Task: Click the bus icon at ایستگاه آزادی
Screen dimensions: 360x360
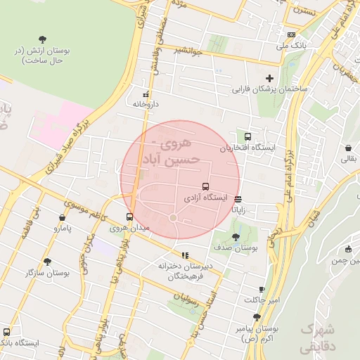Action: pos(205,186)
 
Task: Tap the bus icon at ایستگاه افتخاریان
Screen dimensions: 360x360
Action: pos(247,137)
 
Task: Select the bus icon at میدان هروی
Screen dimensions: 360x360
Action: pos(129,217)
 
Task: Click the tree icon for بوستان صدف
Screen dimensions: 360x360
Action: pos(236,237)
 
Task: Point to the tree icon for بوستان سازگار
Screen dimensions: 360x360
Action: pos(47,261)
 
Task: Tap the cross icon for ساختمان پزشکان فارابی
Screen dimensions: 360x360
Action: pos(269,78)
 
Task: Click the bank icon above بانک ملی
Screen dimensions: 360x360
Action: pos(291,34)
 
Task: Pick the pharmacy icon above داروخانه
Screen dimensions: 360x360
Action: pos(146,94)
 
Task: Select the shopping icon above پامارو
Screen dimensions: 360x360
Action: pos(63,217)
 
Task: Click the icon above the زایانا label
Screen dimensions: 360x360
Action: pos(239,198)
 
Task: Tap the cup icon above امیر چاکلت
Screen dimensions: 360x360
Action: pos(262,289)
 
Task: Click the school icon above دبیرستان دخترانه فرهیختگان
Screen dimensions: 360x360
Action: pos(185,255)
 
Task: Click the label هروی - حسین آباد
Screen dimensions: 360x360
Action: pos(172,153)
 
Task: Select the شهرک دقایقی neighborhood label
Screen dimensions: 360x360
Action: pos(318,337)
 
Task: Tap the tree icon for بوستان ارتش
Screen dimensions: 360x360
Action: pos(44,39)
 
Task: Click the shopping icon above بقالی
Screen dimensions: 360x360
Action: pos(349,148)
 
